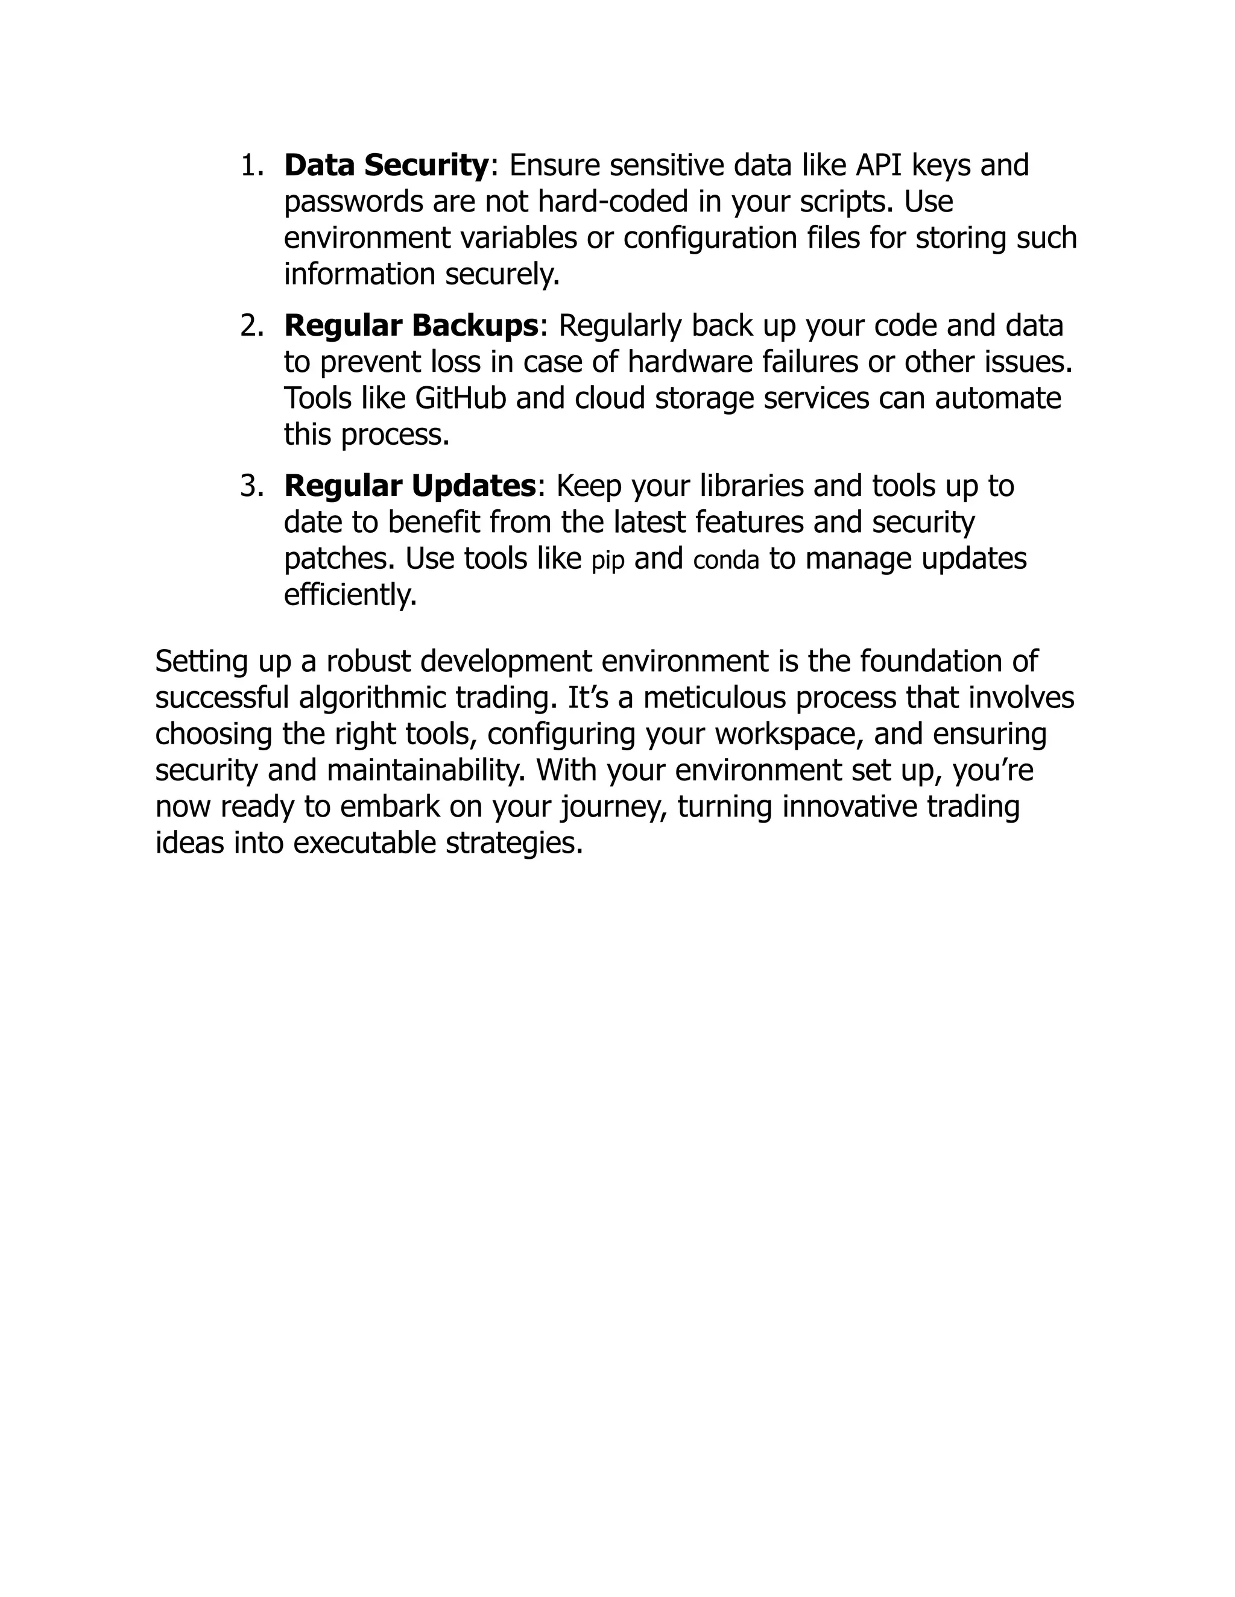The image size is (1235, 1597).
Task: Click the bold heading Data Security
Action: pyautogui.click(x=385, y=165)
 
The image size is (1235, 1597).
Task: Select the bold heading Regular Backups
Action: pyautogui.click(x=411, y=325)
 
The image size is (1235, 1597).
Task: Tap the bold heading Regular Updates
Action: pyautogui.click(x=409, y=486)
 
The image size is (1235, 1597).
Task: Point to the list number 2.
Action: pyautogui.click(x=251, y=326)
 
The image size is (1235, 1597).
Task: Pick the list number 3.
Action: pyautogui.click(x=251, y=486)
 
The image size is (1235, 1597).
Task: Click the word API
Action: pyautogui.click(x=879, y=165)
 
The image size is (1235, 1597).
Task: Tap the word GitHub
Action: pyautogui.click(x=460, y=398)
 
